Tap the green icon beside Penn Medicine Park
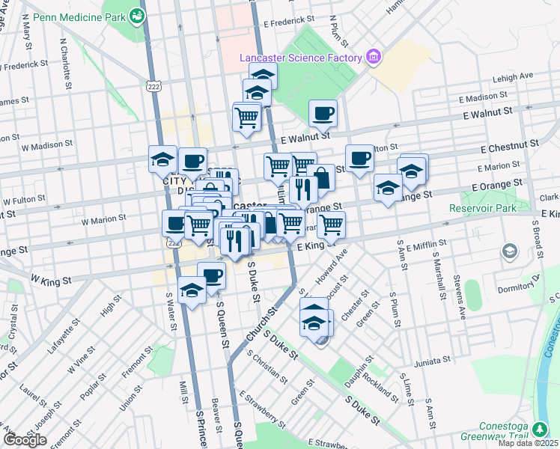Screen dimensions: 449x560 tap(137, 15)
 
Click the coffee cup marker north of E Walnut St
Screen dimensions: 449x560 tap(323, 114)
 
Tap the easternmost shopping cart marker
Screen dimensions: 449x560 tap(331, 223)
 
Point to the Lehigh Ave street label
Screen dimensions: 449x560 tap(512, 76)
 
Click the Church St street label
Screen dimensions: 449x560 tap(258, 325)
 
